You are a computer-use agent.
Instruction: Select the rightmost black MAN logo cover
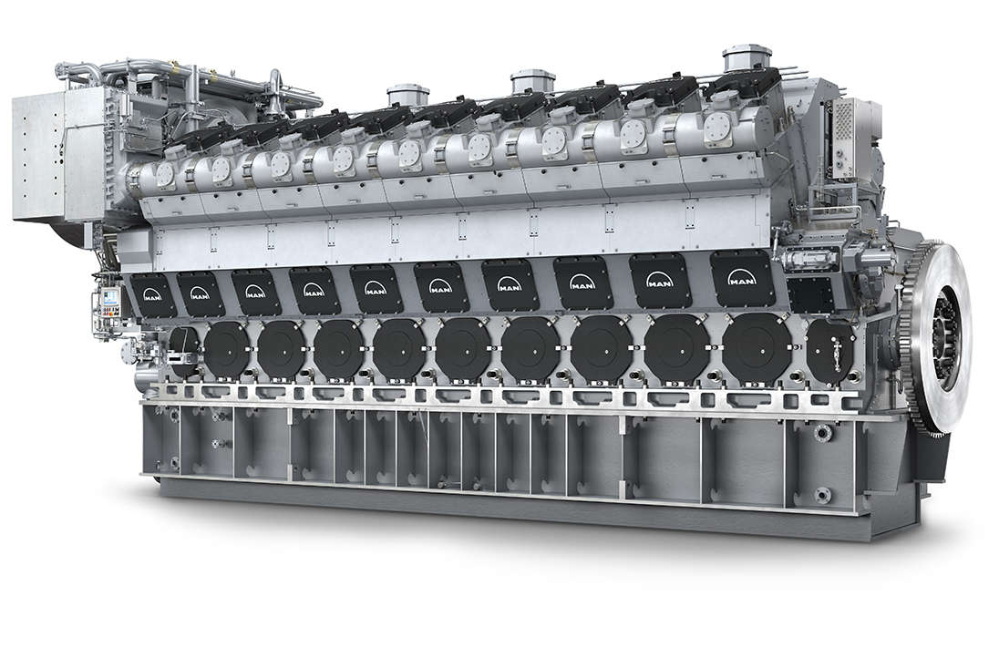741,277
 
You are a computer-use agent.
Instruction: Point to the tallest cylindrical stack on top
743,60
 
